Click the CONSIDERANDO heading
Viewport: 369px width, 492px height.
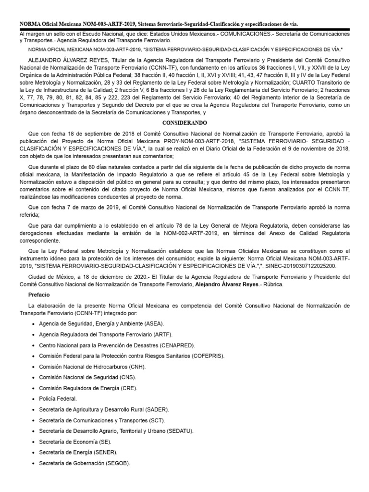[x=184, y=123]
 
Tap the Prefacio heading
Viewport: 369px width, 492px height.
[x=40, y=295]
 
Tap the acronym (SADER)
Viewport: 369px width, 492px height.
[x=157, y=409]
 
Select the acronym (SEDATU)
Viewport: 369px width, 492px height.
[x=179, y=431]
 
